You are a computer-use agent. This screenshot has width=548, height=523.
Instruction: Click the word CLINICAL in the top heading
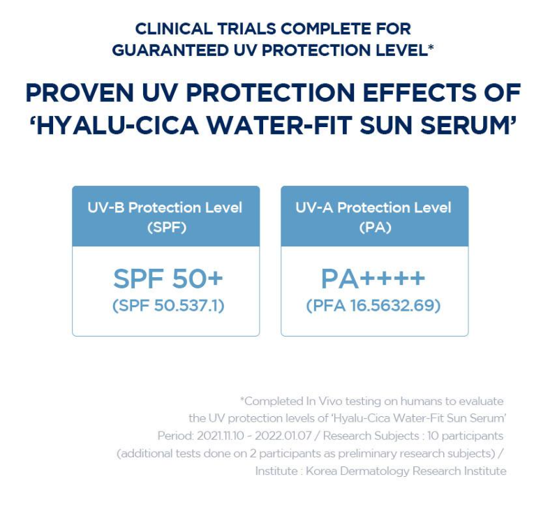coord(174,29)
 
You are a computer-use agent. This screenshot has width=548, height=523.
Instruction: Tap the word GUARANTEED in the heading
coord(170,50)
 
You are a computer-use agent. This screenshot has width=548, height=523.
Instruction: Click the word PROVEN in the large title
coord(80,93)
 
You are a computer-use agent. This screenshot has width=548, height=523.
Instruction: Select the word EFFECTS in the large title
coord(417,93)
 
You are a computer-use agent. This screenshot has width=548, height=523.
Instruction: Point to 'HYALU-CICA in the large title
coord(114,125)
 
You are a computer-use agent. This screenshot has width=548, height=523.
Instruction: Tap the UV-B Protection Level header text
coord(165,207)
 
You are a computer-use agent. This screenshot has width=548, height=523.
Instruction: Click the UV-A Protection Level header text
coord(373,207)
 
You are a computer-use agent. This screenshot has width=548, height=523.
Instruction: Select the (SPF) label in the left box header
coord(167,228)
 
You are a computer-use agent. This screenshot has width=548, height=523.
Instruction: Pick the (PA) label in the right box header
coord(376,228)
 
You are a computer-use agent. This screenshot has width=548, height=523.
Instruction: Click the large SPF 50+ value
coord(168,279)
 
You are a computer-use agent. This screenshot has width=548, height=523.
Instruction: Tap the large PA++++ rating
coord(373,279)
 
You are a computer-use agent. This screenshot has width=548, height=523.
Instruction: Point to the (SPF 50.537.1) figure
coord(168,306)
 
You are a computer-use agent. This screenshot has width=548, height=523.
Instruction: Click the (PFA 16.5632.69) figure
coord(373,306)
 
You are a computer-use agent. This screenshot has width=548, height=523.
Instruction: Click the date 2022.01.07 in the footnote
coord(283,436)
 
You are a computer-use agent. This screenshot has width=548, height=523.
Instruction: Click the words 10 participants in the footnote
coord(465,436)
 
